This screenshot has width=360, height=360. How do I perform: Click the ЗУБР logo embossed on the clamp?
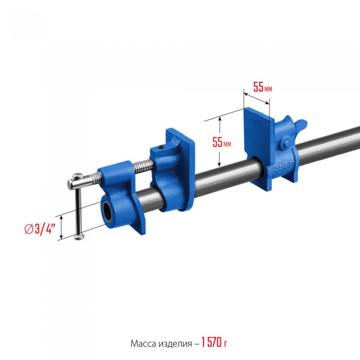(x=284, y=166)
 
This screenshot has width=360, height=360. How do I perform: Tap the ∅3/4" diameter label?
(x=40, y=229)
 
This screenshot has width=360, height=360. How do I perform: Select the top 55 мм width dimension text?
(x=262, y=87)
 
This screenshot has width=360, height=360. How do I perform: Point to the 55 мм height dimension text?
(x=222, y=142)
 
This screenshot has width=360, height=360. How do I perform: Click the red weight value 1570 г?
(x=214, y=343)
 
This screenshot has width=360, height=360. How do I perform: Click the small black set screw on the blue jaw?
(x=161, y=147)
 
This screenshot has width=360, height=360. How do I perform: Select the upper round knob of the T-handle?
(x=78, y=176)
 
